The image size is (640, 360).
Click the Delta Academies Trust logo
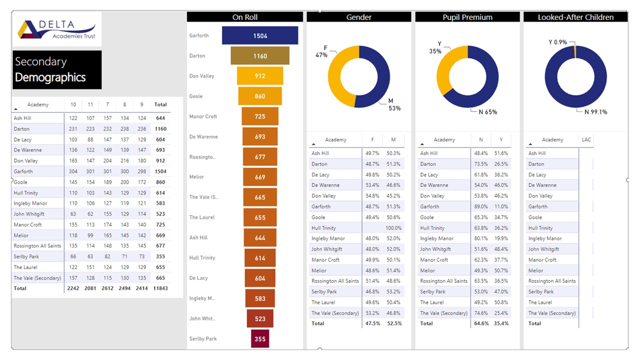[x=56, y=29]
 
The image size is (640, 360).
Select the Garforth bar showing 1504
[x=260, y=35]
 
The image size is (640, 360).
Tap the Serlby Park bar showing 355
[x=260, y=338]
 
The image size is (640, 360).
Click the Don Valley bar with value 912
[x=260, y=76]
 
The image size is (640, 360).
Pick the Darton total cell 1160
[x=160, y=129]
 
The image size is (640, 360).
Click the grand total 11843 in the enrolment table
[x=160, y=288]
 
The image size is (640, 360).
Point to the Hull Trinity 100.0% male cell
[x=393, y=228]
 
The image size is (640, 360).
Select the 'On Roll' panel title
[x=244, y=17]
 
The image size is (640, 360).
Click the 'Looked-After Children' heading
[x=575, y=17]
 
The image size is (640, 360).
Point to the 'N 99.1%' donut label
[x=595, y=112]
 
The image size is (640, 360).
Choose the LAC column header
[x=586, y=139]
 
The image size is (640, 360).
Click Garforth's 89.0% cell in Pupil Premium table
[x=481, y=206]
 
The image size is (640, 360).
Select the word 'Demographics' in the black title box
[x=50, y=77]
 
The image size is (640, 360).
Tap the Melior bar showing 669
[x=260, y=177]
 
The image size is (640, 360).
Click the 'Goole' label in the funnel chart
[x=196, y=96]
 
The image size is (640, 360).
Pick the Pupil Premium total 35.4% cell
[x=501, y=323]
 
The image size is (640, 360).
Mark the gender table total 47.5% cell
[x=372, y=323]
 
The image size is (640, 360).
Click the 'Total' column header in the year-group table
[x=160, y=104]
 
